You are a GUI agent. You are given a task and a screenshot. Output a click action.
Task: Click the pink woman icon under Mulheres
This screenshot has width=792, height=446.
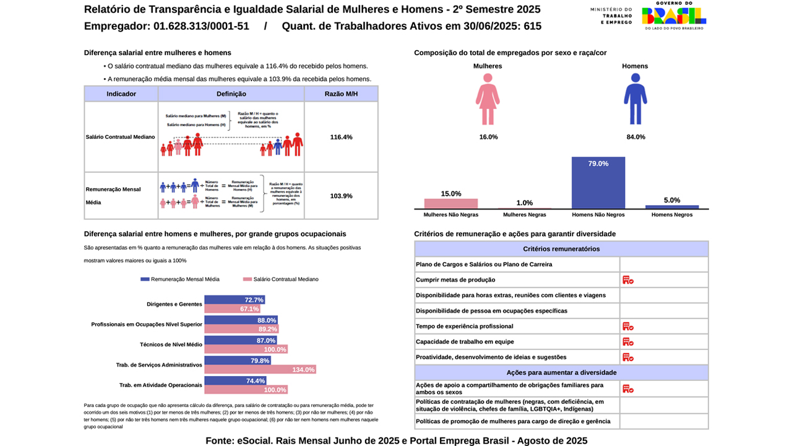[488, 99]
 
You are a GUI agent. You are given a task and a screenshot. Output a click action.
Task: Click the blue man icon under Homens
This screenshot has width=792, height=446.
[635, 99]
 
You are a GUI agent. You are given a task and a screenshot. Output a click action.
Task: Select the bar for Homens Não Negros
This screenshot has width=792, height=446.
[598, 183]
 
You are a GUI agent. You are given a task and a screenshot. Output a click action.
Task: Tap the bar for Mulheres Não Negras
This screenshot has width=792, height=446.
[450, 204]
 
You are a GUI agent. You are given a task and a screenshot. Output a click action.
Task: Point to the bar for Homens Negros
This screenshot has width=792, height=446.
[671, 207]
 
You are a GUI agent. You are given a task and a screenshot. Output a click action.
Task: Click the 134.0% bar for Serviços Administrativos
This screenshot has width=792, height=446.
[260, 370]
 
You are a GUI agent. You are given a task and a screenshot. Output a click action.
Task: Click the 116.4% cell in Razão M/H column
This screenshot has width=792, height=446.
[341, 137]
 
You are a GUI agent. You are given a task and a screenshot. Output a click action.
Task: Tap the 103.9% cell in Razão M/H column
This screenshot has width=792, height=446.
[341, 196]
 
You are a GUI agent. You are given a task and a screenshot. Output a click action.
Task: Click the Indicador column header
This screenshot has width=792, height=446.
[121, 94]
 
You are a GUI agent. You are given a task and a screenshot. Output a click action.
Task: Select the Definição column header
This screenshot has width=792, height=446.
[231, 94]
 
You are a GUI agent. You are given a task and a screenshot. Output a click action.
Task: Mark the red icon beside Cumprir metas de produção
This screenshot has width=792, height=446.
[627, 280]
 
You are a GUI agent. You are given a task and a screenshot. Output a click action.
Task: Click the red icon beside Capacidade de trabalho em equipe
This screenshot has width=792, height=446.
[627, 342]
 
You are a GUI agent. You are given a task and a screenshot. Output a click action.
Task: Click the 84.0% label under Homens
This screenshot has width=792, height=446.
[635, 137]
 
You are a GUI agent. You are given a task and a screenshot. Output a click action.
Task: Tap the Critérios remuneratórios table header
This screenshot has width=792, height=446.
[561, 249]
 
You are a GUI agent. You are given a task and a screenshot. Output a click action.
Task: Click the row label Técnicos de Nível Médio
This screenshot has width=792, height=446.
[171, 344]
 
